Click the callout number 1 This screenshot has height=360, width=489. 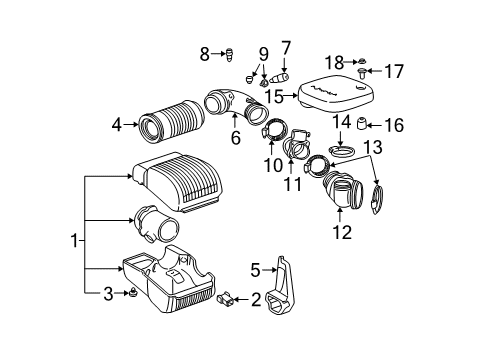click(x=72, y=240)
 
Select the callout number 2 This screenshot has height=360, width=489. click(x=255, y=297)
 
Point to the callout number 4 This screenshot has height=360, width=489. click(x=118, y=125)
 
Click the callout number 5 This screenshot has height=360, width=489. click(x=255, y=267)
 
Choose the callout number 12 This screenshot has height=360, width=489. click(x=343, y=233)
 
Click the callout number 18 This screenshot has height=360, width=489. click(x=368, y=62)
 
